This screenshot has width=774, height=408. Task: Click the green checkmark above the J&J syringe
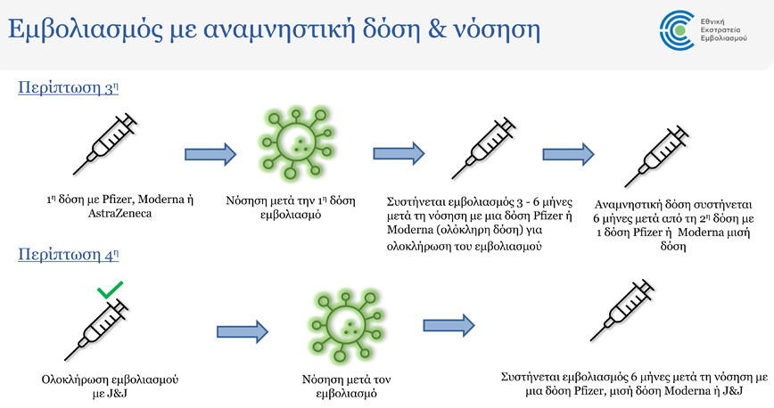[x=110, y=290]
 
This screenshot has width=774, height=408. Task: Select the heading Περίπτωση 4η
[x=68, y=255]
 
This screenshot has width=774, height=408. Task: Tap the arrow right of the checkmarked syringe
[x=242, y=333]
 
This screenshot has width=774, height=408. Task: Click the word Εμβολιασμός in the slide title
[x=88, y=30]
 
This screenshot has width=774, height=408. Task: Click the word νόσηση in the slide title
[x=496, y=32]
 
